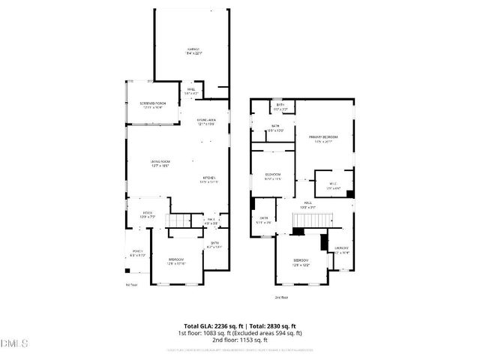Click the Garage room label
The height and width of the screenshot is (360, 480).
pos(193,50)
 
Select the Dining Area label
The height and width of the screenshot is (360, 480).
pos(206,121)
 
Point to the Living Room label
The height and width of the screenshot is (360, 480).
pos(160,162)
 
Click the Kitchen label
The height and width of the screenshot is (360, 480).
pos(208,178)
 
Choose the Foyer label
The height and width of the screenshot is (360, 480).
pos(148,214)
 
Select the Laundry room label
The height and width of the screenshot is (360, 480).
pos(341,247)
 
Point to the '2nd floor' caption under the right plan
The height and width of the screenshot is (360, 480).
pos(281,298)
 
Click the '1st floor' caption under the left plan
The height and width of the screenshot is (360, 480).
pos(131,284)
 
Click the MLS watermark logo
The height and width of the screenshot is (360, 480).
pos(15,343)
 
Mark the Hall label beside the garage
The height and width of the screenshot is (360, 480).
pos(191,91)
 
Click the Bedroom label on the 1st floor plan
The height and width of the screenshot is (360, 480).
pos(177,259)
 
